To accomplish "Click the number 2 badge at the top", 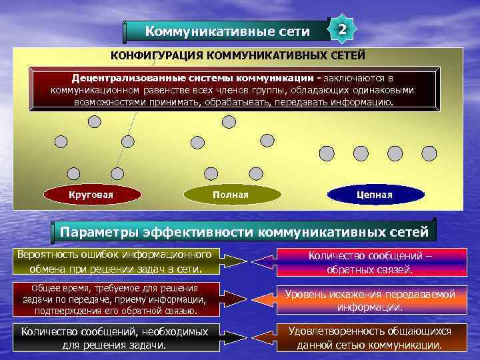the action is (342, 30).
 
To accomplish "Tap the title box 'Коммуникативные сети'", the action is (227, 31).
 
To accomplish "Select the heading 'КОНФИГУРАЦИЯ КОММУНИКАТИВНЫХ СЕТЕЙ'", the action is (237, 55).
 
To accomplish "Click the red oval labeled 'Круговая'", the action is (91, 194).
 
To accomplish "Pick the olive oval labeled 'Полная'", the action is (230, 194).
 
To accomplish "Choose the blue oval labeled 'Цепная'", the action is (375, 194).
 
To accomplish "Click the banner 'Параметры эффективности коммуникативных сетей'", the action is (245, 232).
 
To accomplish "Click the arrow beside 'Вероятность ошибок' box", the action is (246, 261).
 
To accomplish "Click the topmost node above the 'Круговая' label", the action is (95, 121).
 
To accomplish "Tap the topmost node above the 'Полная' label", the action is (229, 121).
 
